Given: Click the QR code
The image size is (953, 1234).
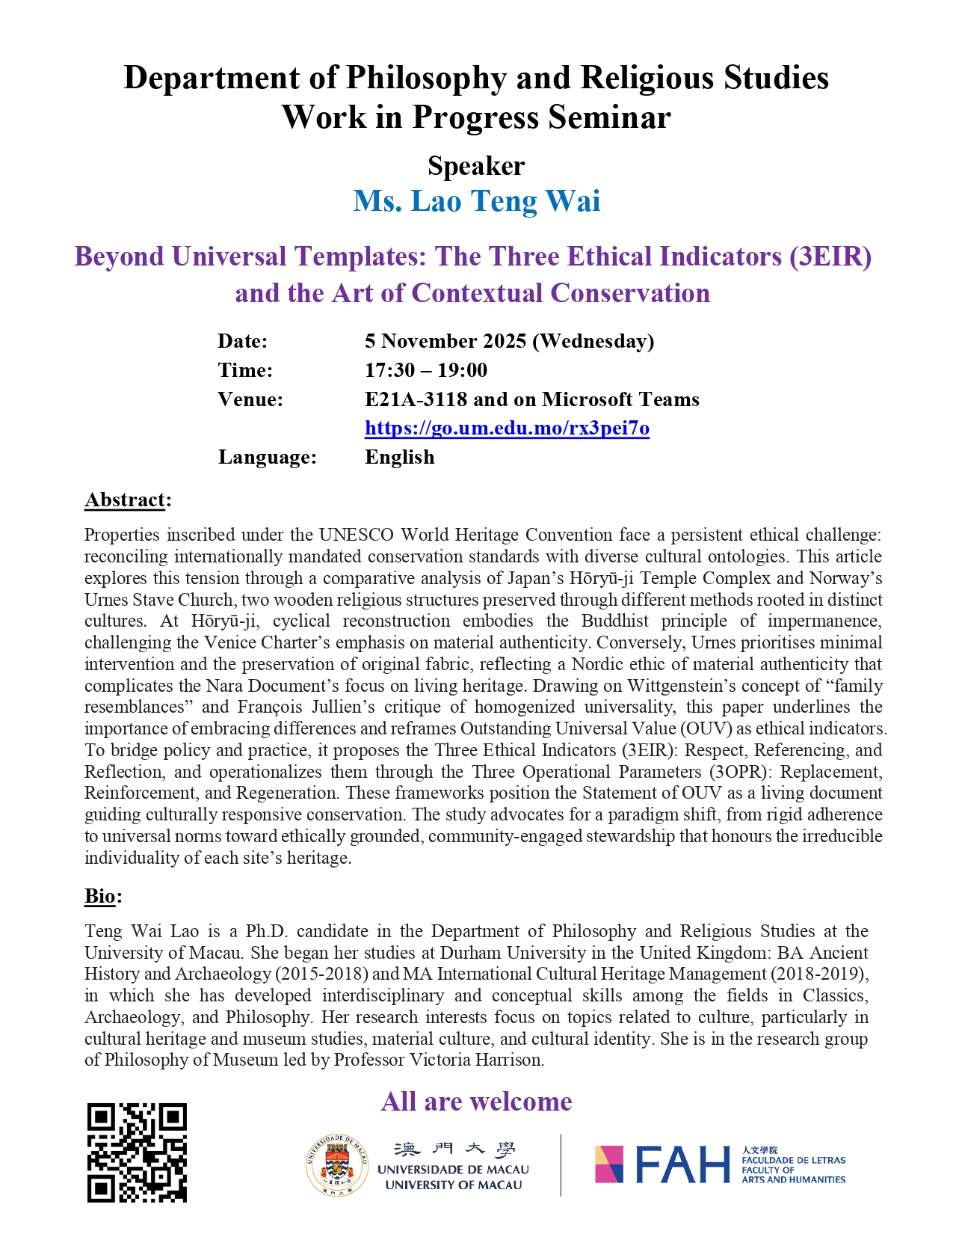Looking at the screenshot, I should [137, 1152].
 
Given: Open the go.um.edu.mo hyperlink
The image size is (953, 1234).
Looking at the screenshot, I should [507, 429].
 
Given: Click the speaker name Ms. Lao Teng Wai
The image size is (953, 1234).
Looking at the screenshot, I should [476, 201].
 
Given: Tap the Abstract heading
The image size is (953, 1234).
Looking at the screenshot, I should [125, 500].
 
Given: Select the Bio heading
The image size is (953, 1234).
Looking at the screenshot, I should [100, 896].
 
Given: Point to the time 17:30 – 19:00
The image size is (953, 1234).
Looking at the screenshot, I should [426, 370].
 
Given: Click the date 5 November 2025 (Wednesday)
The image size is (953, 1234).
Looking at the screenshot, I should [509, 341].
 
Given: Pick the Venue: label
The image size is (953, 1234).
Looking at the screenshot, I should [250, 399].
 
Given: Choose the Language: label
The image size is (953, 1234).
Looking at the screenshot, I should [267, 457].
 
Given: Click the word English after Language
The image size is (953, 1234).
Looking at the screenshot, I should [399, 457].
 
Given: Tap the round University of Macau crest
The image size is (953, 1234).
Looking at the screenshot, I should [337, 1165].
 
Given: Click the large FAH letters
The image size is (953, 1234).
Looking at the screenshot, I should [682, 1164].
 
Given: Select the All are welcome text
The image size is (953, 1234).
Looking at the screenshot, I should [476, 1102].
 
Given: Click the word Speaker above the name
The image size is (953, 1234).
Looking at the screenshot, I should [476, 166].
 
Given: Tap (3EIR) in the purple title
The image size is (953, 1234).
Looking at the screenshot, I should [830, 257].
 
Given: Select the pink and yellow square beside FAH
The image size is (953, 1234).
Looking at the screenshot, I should [609, 1164].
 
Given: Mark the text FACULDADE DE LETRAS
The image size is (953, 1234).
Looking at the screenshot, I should [793, 1160].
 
